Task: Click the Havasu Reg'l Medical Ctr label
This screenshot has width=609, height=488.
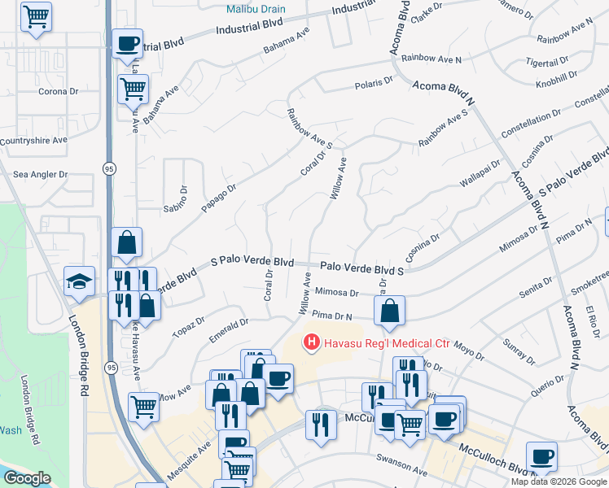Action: [387, 343]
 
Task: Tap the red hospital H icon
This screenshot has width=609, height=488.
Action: [310, 343]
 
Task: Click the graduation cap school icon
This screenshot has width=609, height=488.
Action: [79, 281]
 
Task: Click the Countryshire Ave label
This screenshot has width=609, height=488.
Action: [33, 141]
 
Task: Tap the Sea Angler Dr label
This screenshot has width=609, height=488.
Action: [41, 174]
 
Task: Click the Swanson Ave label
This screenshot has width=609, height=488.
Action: [401, 470]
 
